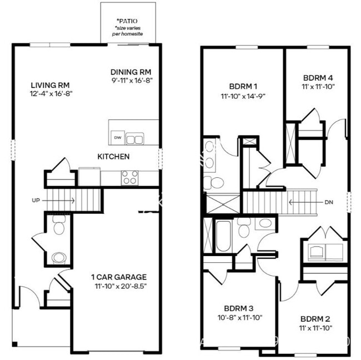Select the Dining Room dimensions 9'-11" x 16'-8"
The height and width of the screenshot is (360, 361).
point(131,81)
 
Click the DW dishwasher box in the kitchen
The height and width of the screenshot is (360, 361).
point(117,137)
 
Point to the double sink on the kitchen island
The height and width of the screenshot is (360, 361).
point(134,138)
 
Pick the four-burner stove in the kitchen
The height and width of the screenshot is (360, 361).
point(129,177)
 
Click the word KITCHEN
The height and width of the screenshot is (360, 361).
point(113,157)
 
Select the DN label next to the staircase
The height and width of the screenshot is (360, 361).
point(329,202)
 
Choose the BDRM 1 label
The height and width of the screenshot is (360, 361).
point(243,87)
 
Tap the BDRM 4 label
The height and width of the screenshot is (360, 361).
point(317,78)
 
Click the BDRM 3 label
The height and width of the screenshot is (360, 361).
point(238,308)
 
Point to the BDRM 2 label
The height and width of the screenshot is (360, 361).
point(315,319)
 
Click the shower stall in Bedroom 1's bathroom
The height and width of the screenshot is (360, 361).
point(223,203)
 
